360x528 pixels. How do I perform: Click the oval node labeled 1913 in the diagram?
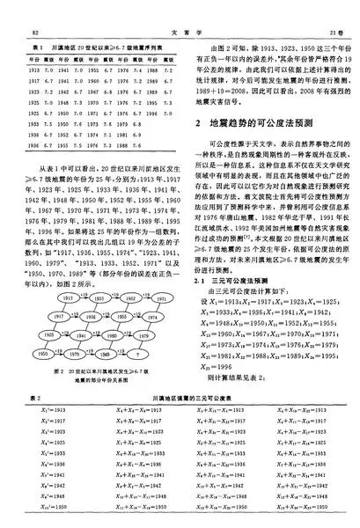click(69, 298)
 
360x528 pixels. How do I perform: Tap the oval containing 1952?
click(130, 298)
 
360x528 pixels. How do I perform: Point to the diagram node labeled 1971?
click(161, 299)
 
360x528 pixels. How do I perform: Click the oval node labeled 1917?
click(60, 317)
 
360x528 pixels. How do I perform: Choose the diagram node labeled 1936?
click(91, 317)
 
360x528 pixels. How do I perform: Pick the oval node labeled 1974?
click(151, 318)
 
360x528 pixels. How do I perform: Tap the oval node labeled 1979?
click(143, 335)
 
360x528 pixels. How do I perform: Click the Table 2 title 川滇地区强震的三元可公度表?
click(194, 401)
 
